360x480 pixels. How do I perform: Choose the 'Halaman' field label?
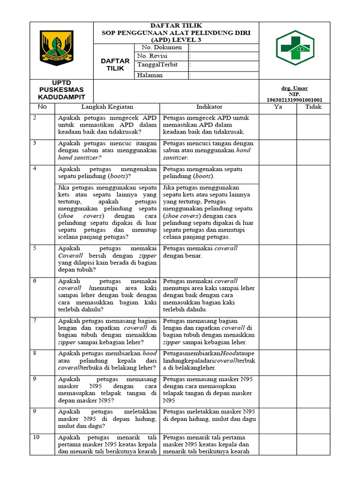[x=150, y=75]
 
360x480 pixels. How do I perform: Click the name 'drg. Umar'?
[x=294, y=88]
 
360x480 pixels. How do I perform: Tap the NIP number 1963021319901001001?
[x=294, y=100]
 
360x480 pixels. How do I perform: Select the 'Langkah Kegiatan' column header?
[x=108, y=107]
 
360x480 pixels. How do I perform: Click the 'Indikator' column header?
[x=209, y=107]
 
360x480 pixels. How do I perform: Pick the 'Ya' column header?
[x=277, y=107]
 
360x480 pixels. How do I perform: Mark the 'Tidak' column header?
[x=313, y=107]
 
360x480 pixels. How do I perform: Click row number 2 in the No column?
[x=35, y=118]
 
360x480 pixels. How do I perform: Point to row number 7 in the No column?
[x=35, y=320]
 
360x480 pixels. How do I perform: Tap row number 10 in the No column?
[x=36, y=437]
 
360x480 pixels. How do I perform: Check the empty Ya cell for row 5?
[x=277, y=260]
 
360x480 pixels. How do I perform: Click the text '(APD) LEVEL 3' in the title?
[x=176, y=40]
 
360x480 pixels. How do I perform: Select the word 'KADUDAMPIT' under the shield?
[x=62, y=97]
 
